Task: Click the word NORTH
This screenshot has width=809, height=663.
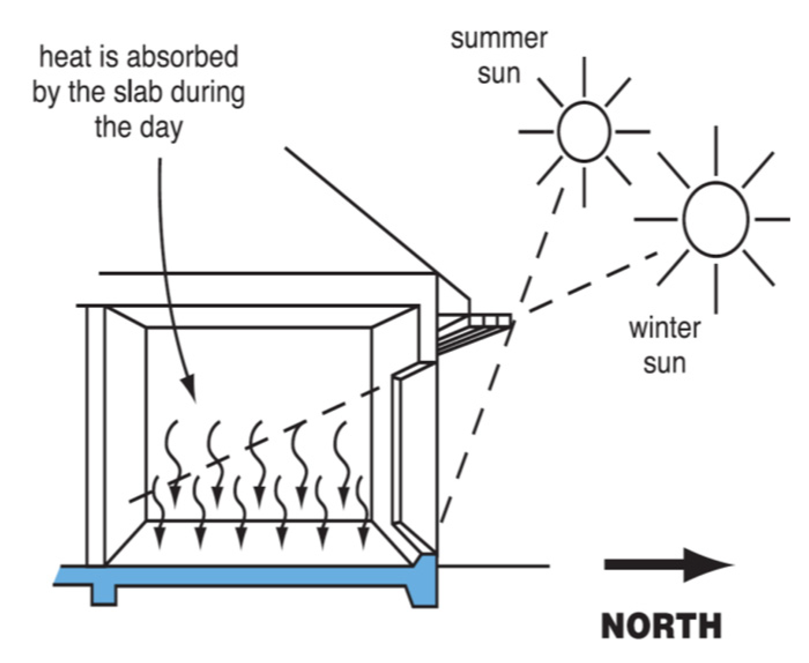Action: [661, 625]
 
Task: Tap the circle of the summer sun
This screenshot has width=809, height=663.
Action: [584, 131]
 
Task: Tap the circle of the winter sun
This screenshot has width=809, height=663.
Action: [715, 219]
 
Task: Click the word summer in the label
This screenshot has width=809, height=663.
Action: [499, 39]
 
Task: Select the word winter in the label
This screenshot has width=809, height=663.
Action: [664, 328]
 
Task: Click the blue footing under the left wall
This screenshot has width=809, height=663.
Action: [103, 594]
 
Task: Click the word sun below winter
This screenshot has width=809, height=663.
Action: [664, 363]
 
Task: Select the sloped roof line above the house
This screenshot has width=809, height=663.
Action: [358, 208]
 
